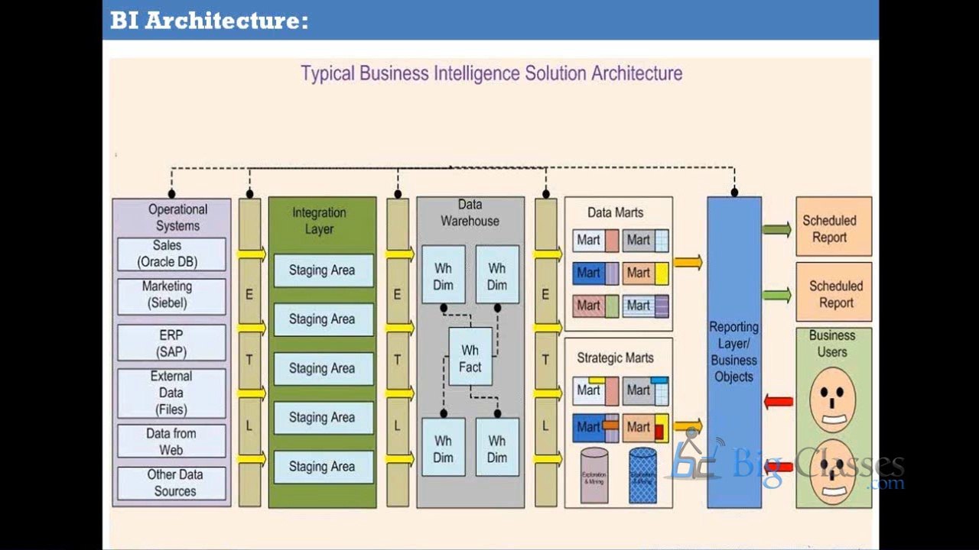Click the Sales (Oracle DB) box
coord(171,254)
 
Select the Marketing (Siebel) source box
coord(171,295)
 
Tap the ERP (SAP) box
coord(171,344)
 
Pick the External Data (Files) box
coord(171,393)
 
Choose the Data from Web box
coord(171,442)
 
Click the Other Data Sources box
coord(171,483)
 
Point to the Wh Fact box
coord(470,358)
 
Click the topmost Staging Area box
coord(323,270)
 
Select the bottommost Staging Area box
coord(323,467)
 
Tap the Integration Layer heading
coord(319,221)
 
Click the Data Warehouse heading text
coord(470,213)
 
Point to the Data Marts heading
coord(615,213)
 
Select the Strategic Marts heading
coord(615,357)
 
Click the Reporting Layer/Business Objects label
coord(733,351)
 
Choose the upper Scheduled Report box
coord(833,229)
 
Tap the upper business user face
coord(832,400)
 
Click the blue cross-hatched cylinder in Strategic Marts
coord(642,475)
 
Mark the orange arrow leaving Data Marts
coord(688,263)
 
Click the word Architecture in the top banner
coord(226,21)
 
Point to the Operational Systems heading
coord(177,218)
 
